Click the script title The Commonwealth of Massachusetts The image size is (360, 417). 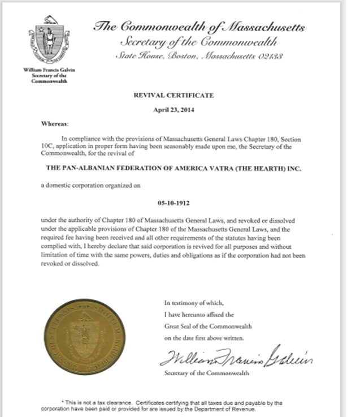click(x=199, y=27)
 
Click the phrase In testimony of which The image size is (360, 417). click(x=186, y=303)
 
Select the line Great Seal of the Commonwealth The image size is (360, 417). click(x=208, y=327)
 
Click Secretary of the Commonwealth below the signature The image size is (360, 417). click(x=206, y=374)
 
